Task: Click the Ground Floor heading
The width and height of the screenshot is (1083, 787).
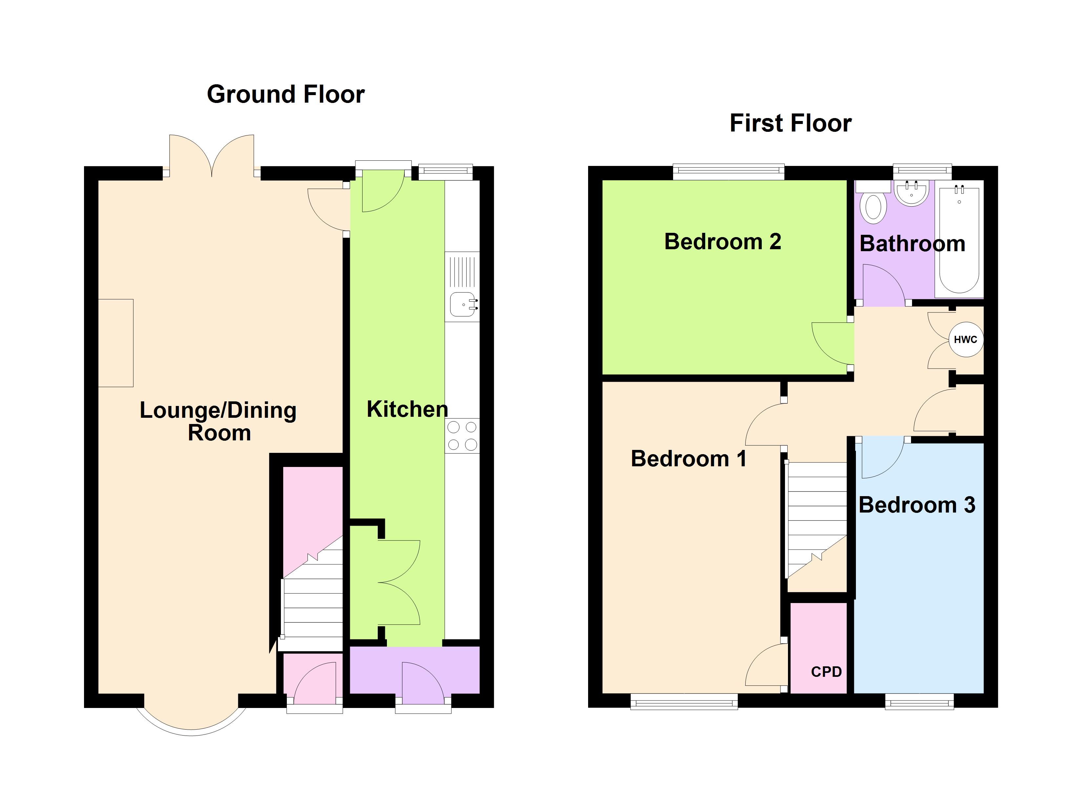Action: click(x=286, y=94)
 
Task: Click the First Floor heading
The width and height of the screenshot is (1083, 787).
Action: click(x=790, y=123)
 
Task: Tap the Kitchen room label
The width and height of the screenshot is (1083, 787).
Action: click(x=407, y=409)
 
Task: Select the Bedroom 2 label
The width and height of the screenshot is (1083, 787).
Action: click(x=722, y=241)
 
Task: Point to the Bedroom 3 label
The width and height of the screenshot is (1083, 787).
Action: click(x=916, y=505)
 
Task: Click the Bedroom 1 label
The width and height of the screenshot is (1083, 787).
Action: click(x=688, y=459)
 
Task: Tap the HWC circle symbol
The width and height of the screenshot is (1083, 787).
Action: click(x=966, y=340)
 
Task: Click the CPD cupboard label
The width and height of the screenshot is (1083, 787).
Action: click(x=826, y=672)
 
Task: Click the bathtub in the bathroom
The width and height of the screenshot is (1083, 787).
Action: click(x=959, y=241)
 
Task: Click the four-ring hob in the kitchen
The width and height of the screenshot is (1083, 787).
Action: click(x=462, y=435)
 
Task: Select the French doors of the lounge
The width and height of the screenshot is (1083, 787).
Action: click(x=212, y=157)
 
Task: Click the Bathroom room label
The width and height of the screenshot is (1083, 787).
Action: click(x=912, y=244)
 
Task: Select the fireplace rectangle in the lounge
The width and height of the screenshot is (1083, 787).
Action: click(x=116, y=343)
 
